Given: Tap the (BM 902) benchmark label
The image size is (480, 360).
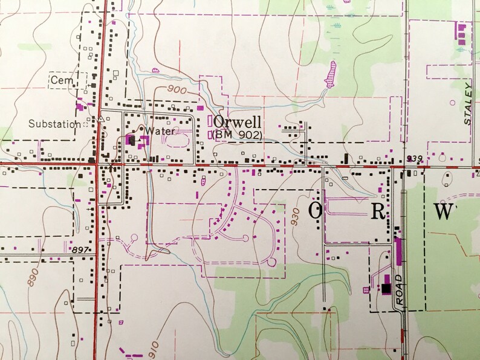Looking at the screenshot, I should pyautogui.click(x=238, y=135).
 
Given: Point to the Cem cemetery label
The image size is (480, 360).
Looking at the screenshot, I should pyautogui.click(x=60, y=80).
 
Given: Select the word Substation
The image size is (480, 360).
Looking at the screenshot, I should pyautogui.click(x=54, y=124).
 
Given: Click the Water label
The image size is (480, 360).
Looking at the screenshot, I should pyautogui.click(x=160, y=130).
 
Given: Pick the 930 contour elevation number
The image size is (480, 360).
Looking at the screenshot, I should pyautogui.click(x=296, y=219).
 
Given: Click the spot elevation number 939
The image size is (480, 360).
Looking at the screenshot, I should pyautogui.click(x=414, y=159).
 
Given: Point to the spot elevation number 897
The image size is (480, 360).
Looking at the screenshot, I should pyautogui.click(x=80, y=248).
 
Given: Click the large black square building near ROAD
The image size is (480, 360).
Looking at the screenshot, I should pyautogui.click(x=386, y=289).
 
